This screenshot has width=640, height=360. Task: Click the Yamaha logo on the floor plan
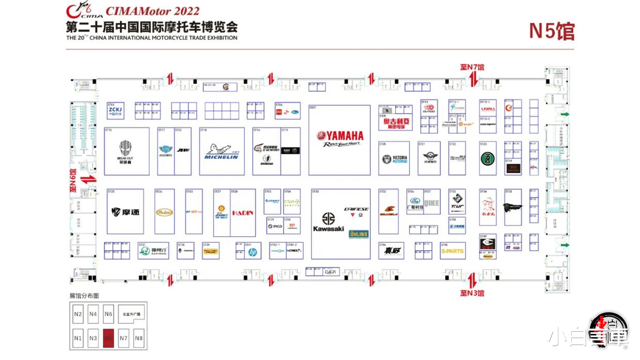click(340, 138)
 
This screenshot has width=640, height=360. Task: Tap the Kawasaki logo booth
click(329, 221)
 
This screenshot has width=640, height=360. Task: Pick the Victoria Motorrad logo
click(395, 159)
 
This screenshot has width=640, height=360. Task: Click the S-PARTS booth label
click(452, 251)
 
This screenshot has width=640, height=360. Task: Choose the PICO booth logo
click(275, 227)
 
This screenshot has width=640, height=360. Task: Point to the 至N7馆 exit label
click(472, 68)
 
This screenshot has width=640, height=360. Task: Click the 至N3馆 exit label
click(472, 293)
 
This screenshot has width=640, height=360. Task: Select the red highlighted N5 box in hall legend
click(109, 338)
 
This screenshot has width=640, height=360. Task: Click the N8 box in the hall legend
click(139, 338)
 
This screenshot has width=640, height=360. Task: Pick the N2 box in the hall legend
click(78, 314)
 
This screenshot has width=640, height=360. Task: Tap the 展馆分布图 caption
click(84, 295)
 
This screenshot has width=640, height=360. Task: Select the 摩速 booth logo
click(125, 212)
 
